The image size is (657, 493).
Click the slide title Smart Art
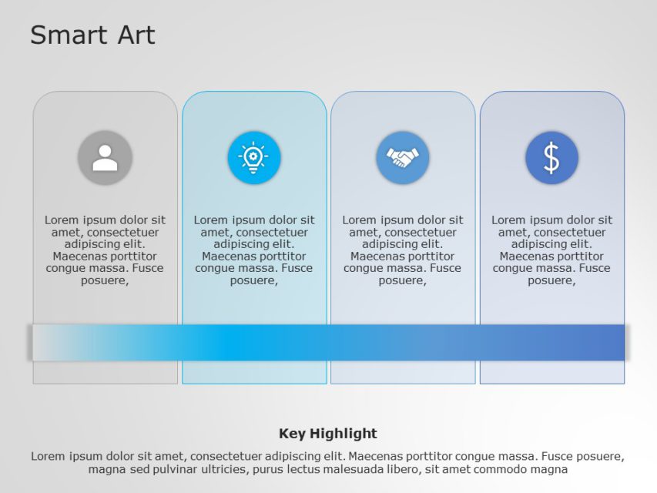pyautogui.click(x=92, y=35)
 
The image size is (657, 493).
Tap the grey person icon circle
pyautogui.click(x=105, y=158)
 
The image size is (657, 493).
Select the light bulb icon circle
pyautogui.click(x=253, y=158)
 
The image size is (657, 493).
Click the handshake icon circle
pyautogui.click(x=402, y=158)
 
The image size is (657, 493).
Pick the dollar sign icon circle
pyautogui.click(x=551, y=158)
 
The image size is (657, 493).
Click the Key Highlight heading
pyautogui.click(x=328, y=434)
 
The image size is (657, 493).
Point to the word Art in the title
pyautogui.click(x=136, y=35)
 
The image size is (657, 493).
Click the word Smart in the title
pyautogui.click(x=69, y=35)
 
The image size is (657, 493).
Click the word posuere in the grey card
pyautogui.click(x=103, y=280)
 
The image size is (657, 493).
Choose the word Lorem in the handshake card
pyautogui.click(x=360, y=220)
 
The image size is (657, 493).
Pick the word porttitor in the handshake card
pyautogui.click(x=428, y=257)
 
